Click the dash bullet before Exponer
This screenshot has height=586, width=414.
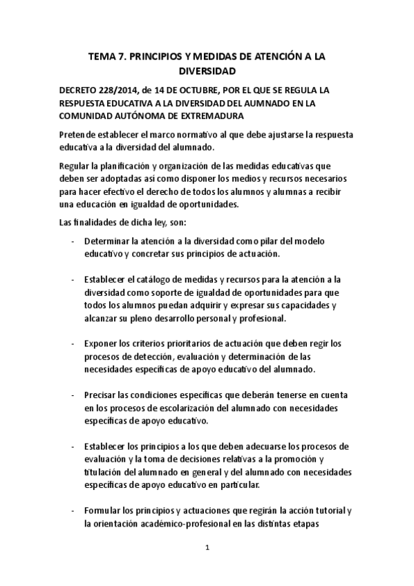coord(73,343)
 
